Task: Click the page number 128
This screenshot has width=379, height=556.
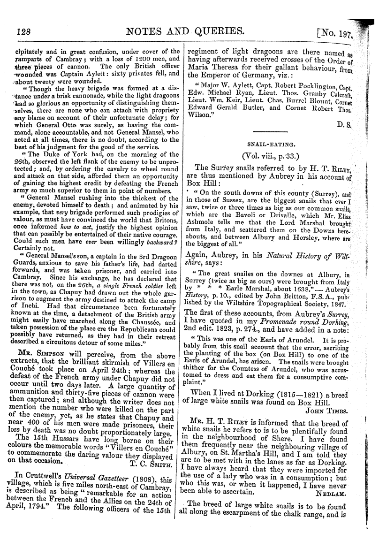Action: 23,31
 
